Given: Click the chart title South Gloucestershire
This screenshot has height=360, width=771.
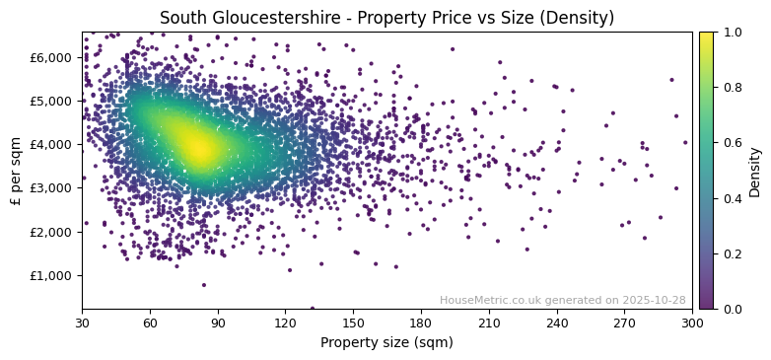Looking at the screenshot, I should point(386,18).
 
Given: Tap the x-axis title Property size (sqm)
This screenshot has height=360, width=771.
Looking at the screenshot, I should point(386,343).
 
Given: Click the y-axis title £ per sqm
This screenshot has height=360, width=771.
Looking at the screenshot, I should point(16,171).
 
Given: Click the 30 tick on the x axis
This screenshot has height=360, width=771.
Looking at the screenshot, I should point(82,323).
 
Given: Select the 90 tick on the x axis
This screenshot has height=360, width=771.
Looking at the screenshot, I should point(218,323).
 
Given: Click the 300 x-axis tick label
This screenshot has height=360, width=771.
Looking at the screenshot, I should point(692,323).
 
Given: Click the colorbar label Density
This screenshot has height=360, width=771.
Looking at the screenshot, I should point(755,171).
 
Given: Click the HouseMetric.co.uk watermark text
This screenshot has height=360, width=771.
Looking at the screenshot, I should point(562,300).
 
